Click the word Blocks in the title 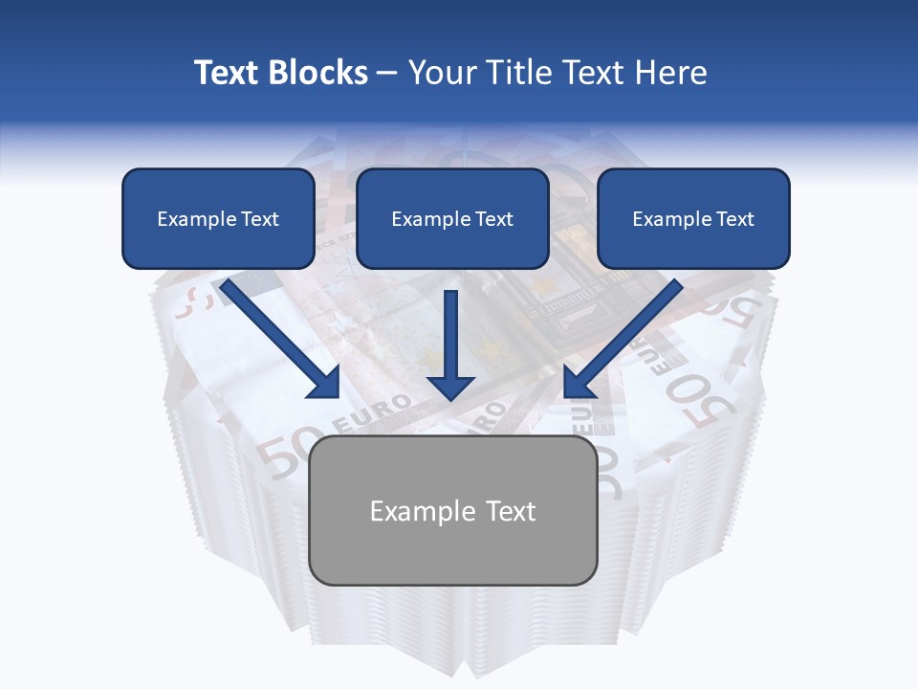click(x=317, y=73)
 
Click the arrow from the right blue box click(x=626, y=335)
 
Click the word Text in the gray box click(x=510, y=511)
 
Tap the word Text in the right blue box click(x=734, y=219)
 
